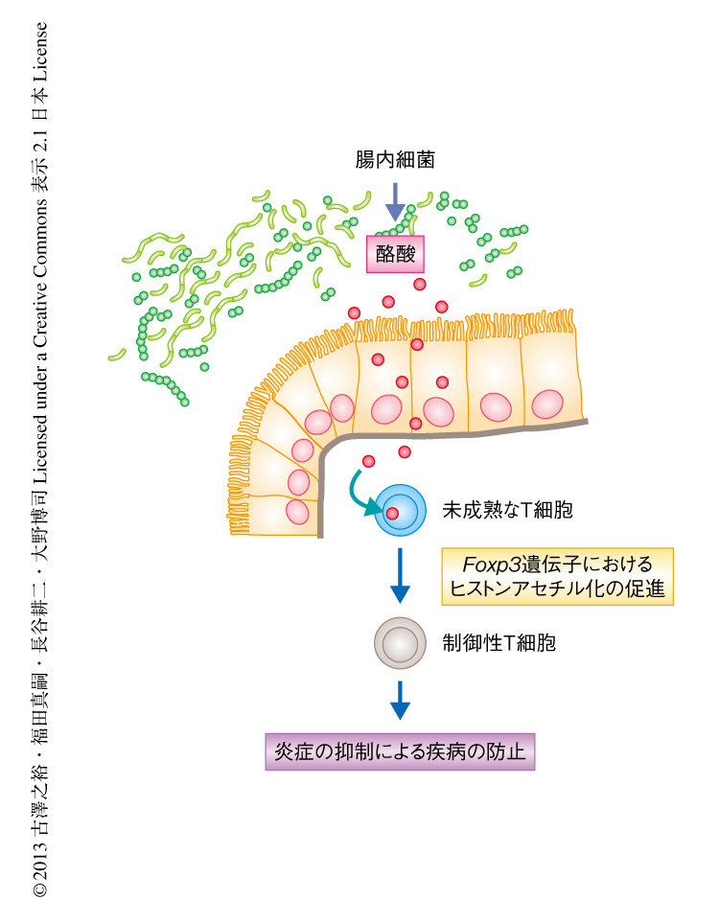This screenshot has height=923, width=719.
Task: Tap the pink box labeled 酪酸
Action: (395, 254)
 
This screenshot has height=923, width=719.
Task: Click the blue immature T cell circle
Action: (400, 509)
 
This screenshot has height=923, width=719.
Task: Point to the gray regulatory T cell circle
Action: (400, 642)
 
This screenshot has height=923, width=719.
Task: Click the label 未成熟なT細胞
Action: (507, 510)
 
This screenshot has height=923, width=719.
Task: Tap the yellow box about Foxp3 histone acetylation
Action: (557, 576)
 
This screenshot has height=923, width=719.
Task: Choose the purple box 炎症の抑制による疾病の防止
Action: (400, 750)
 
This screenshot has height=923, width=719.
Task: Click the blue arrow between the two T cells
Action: (400, 575)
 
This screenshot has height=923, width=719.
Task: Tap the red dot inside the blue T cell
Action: (393, 514)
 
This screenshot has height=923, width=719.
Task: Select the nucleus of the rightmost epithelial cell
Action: (548, 404)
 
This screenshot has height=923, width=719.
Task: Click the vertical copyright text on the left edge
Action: (40, 460)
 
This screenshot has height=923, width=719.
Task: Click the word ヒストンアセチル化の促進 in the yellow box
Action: (557, 588)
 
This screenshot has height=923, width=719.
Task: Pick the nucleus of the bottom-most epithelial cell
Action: (297, 512)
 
